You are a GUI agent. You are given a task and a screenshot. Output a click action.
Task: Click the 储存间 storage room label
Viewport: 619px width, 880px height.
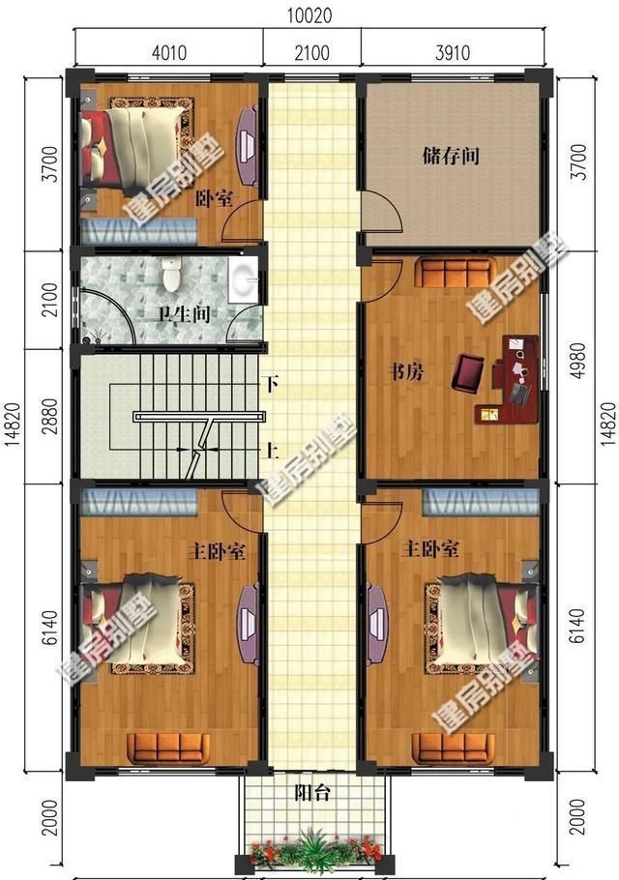tap(451, 155)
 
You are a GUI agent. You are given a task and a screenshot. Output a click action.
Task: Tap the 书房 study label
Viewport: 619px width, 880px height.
tap(405, 372)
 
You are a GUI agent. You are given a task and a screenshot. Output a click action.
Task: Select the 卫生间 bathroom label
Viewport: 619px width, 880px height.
tap(184, 314)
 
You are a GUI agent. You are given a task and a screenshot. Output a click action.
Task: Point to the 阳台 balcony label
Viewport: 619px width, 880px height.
tap(312, 794)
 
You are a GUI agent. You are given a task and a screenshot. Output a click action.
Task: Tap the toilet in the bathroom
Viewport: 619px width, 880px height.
tap(173, 277)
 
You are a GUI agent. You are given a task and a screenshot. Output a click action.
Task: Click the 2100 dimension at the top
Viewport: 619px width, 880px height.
tap(312, 52)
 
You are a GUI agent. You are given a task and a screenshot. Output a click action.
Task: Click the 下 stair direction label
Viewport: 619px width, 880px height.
tap(273, 384)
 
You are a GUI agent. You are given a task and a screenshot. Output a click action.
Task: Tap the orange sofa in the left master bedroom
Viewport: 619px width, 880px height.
tap(170, 747)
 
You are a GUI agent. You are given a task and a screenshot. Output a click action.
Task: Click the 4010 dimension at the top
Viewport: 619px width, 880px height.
tap(167, 52)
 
